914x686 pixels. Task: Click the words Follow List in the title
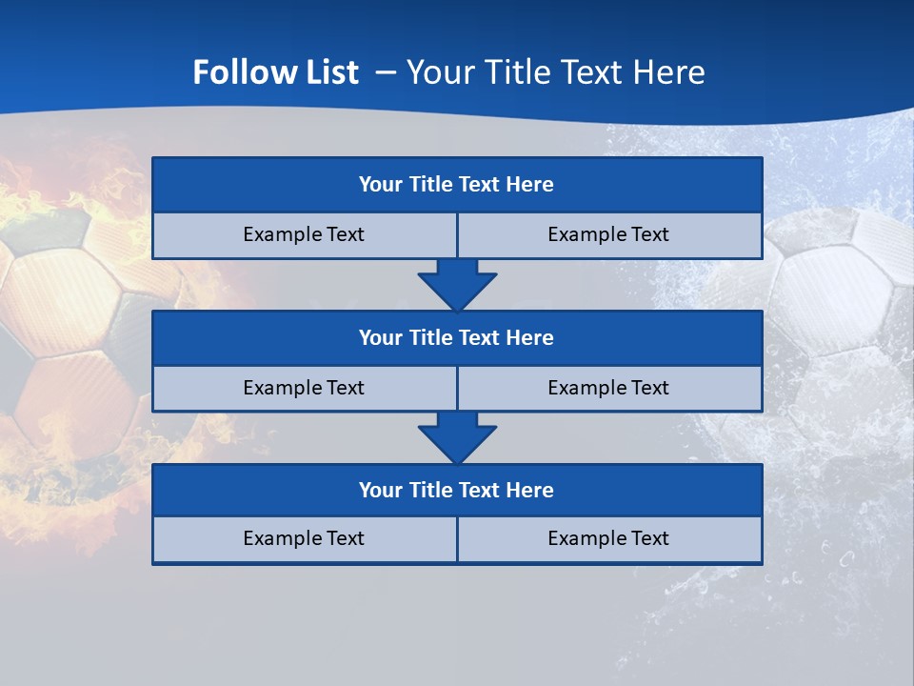tap(275, 72)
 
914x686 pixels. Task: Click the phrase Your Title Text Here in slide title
tap(556, 72)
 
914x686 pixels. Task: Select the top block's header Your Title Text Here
tap(456, 185)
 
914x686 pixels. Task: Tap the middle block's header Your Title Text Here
tap(456, 338)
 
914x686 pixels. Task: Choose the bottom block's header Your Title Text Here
tap(456, 491)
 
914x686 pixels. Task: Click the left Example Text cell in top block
tap(304, 235)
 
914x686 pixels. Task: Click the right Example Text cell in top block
tap(608, 235)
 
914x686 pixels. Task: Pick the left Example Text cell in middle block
tap(304, 389)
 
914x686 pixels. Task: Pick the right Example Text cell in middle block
tap(608, 389)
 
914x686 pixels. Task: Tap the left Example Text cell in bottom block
tap(304, 539)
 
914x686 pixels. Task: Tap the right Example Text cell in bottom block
tap(608, 539)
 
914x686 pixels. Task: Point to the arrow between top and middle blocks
tap(457, 284)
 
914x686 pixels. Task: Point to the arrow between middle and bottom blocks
tap(457, 437)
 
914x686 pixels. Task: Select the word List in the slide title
tap(328, 72)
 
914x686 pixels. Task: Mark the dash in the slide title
tap(386, 72)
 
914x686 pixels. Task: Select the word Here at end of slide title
tap(672, 72)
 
